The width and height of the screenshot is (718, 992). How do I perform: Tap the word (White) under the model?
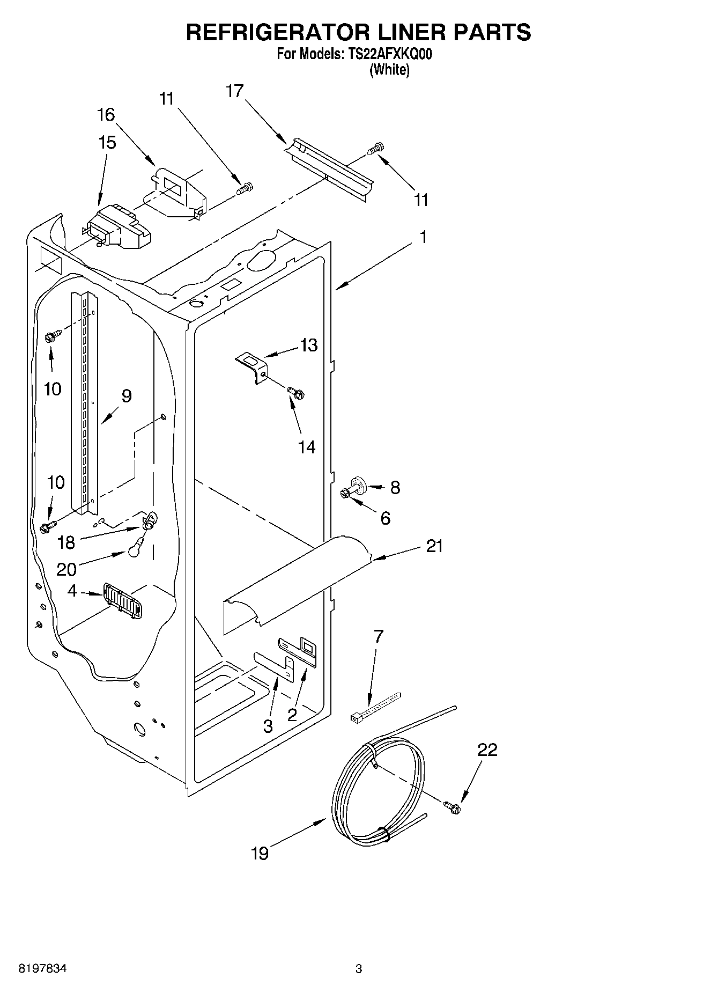coord(389,70)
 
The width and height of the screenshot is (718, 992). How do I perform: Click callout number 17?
coord(234,91)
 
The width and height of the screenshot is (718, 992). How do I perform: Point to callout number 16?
coord(106,114)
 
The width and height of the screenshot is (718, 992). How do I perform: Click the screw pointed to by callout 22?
coord(452,806)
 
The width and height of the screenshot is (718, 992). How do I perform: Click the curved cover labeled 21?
coord(298,579)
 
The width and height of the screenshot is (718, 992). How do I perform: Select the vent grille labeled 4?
coord(122,600)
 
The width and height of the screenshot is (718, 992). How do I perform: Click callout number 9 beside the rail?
coord(126,396)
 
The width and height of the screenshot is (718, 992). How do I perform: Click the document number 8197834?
coord(42,969)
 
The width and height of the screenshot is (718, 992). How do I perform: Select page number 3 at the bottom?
coord(359,969)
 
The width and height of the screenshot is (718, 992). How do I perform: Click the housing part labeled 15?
coord(117,227)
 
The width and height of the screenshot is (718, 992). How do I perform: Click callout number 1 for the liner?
coord(423,237)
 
